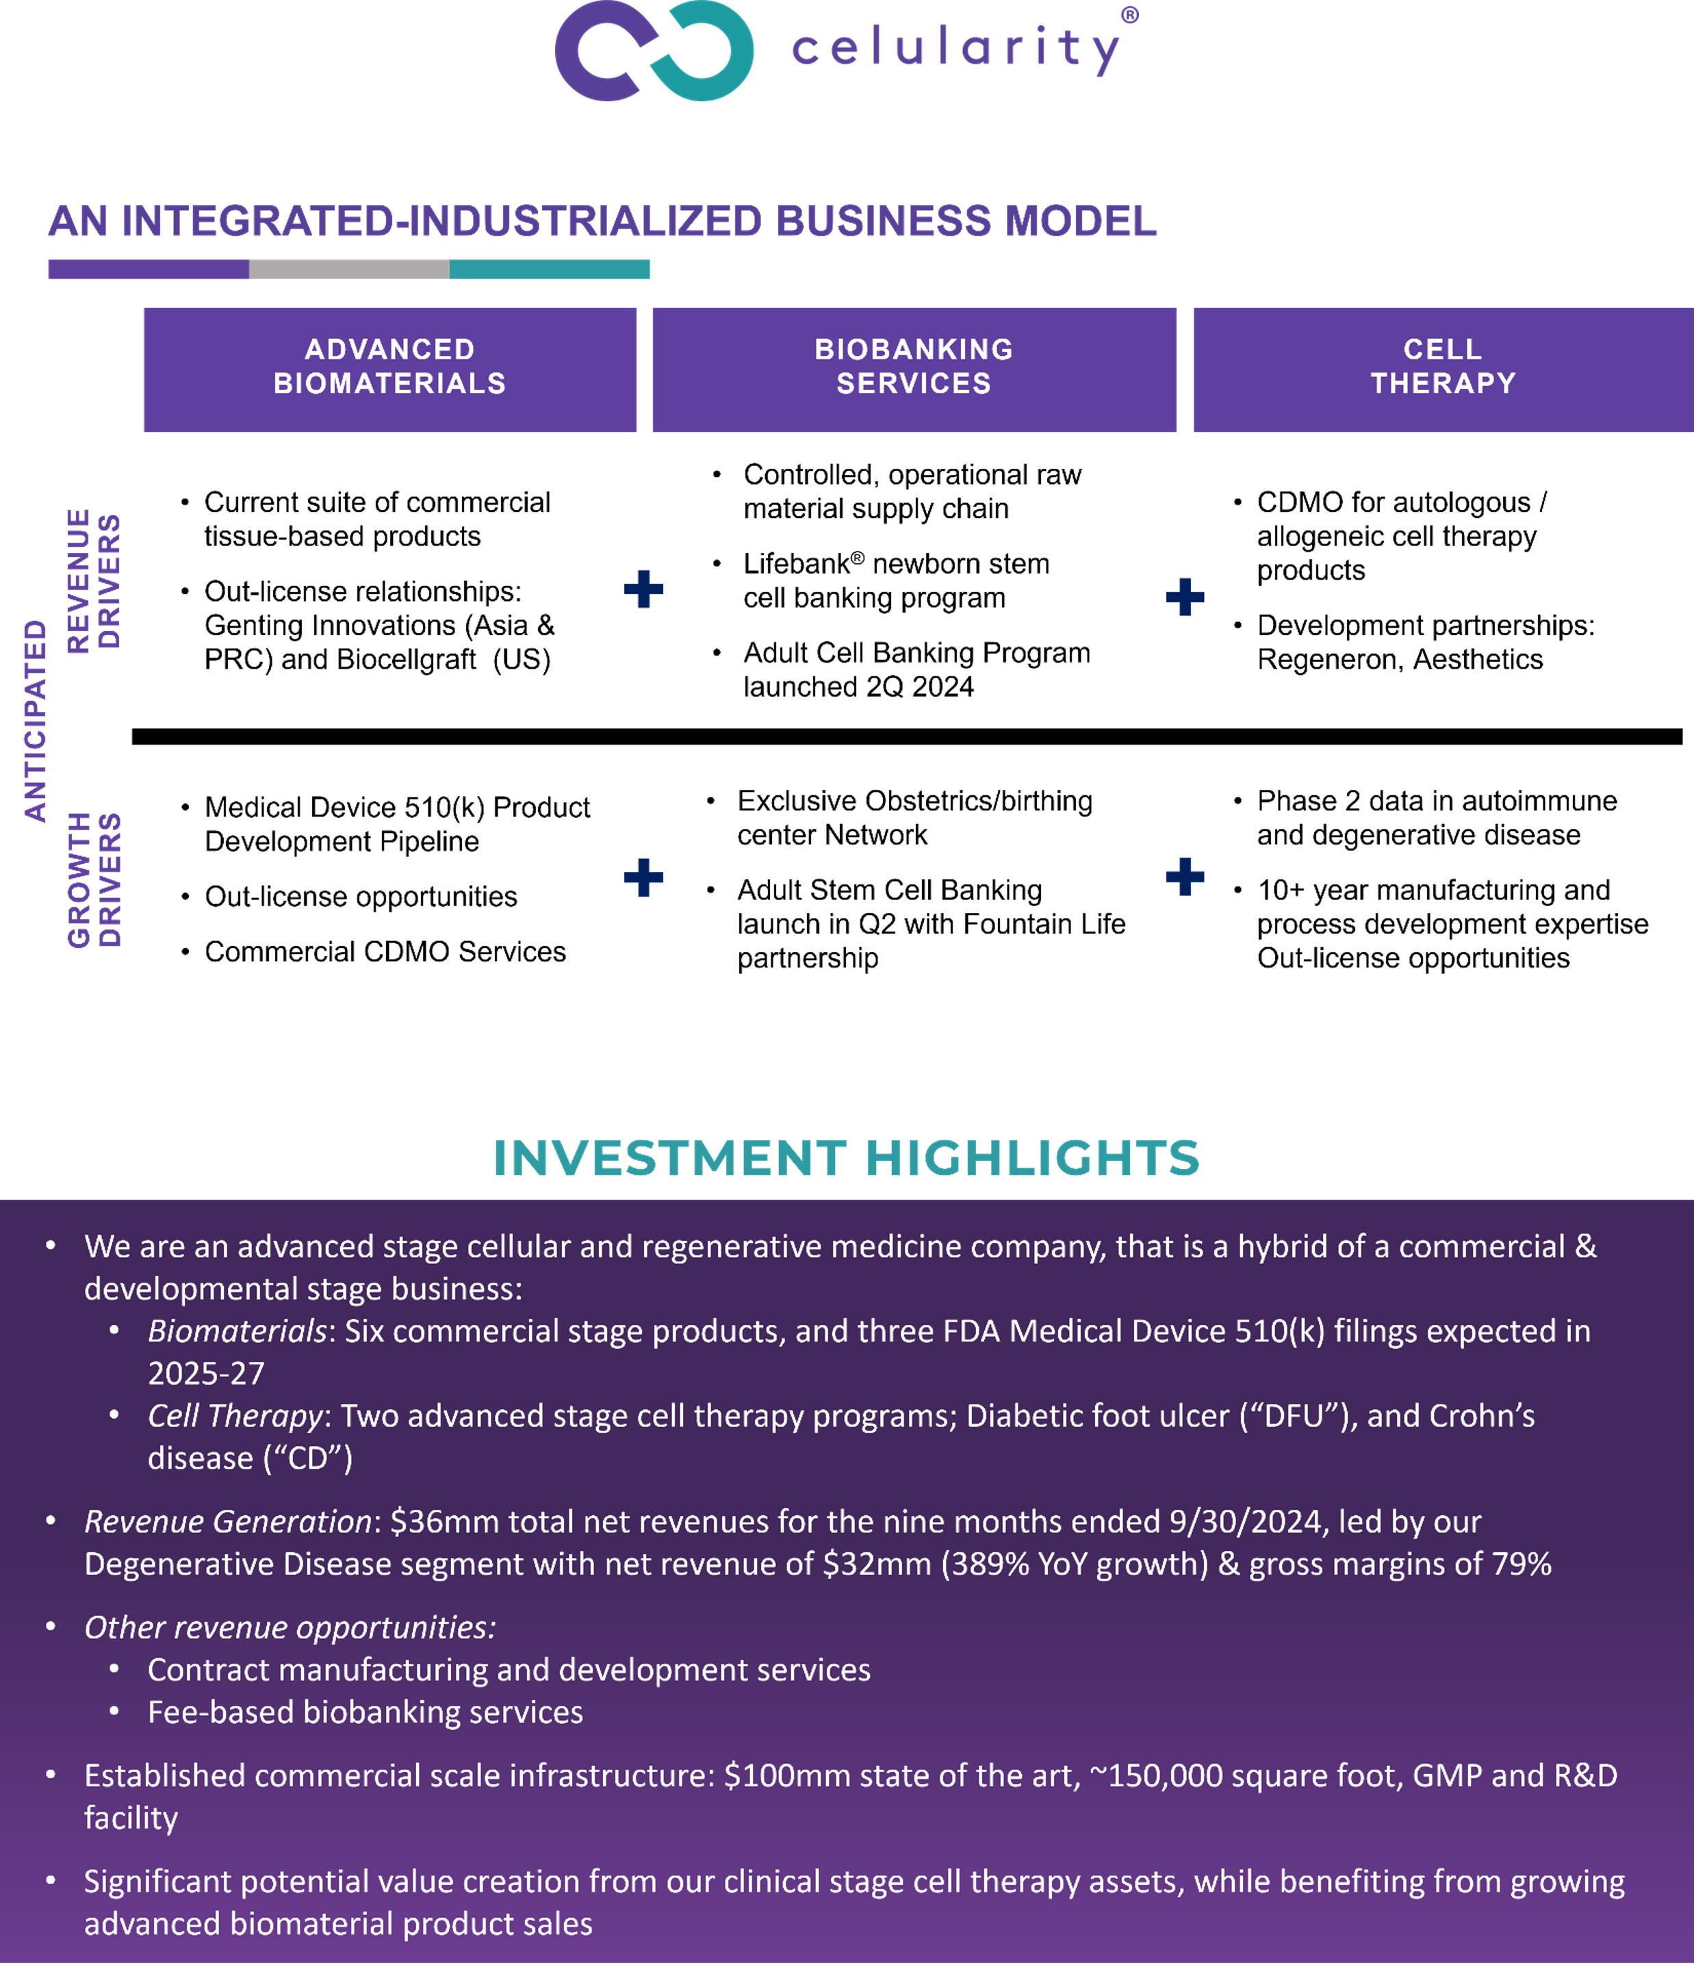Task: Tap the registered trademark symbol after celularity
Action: point(1129,15)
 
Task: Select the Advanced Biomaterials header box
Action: point(390,369)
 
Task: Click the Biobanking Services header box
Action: point(914,369)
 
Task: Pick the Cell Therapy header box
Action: point(1443,369)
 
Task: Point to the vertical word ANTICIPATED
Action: point(35,721)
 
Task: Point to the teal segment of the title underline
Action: point(549,270)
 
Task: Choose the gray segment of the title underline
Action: point(349,270)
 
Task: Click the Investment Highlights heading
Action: point(846,1158)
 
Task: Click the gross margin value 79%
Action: point(1522,1564)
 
